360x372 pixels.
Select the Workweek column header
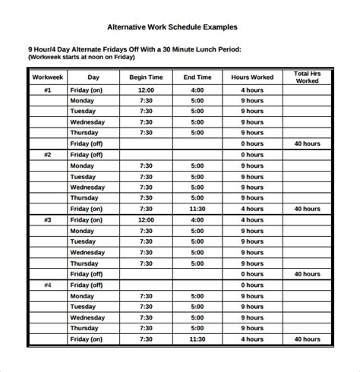point(46,77)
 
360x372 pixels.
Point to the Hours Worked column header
point(252,77)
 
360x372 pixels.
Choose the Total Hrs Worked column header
point(307,77)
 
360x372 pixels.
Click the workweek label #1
point(46,90)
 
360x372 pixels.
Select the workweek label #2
point(46,155)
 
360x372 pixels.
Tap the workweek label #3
point(46,219)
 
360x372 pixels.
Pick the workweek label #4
point(46,285)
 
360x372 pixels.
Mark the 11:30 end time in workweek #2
point(197,209)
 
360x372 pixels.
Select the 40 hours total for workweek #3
point(307,274)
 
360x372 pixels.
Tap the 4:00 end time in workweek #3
point(197,219)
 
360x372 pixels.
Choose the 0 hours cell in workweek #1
point(252,143)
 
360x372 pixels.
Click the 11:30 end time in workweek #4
point(197,339)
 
